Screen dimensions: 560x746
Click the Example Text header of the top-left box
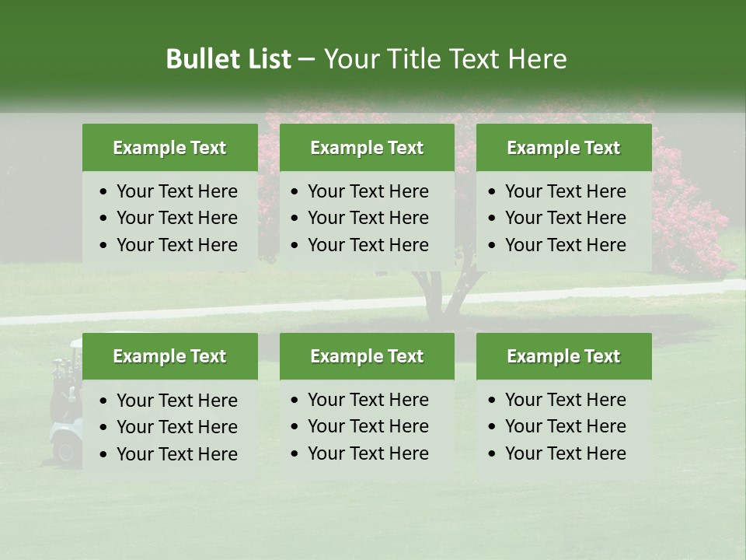point(169,148)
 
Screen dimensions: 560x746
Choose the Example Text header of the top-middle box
point(367,148)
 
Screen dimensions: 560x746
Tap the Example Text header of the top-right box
point(563,148)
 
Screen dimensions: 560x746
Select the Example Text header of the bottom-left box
point(169,356)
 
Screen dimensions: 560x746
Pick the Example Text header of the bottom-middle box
point(367,356)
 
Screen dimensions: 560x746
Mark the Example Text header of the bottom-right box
point(563,356)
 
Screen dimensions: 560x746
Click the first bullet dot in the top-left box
point(104,192)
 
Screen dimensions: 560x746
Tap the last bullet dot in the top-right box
point(493,246)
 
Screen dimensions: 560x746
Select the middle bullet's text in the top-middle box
point(368,218)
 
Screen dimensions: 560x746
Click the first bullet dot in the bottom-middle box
point(295,401)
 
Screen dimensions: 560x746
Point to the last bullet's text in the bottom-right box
point(565,453)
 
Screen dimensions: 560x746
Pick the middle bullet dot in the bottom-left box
point(104,428)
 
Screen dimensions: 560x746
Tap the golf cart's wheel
point(67,451)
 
